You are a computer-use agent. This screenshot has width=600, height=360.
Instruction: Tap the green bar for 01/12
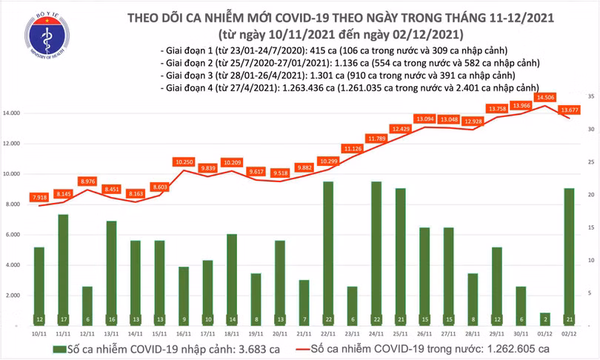click(545, 319)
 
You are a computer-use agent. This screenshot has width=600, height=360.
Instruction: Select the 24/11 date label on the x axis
click(376, 335)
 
